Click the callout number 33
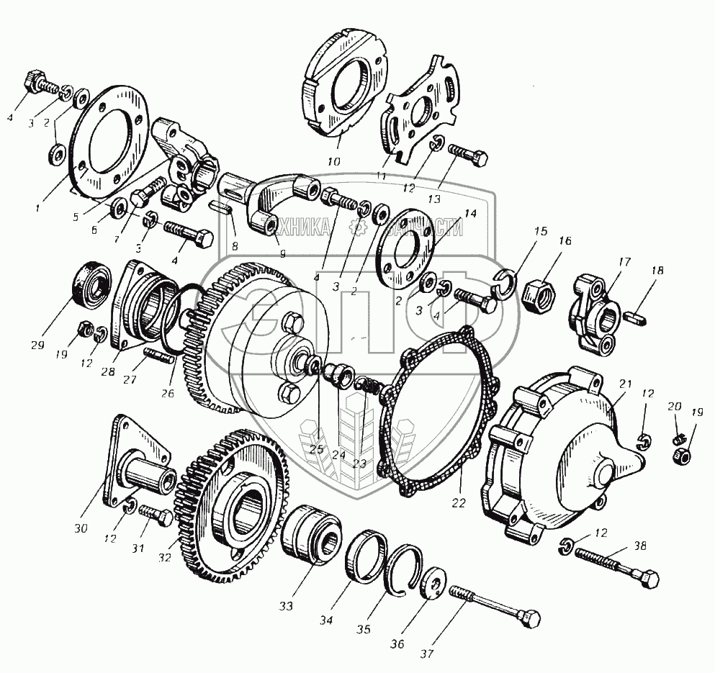(x=287, y=606)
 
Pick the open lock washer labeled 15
(x=509, y=285)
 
